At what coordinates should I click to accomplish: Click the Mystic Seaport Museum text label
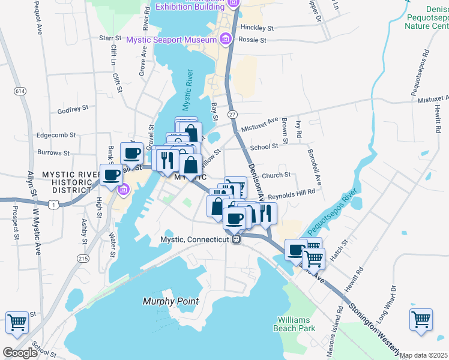coord(171,40)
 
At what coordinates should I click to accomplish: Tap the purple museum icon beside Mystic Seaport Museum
coord(225,40)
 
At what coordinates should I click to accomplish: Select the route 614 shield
coord(21,91)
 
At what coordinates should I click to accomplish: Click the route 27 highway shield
coord(232,114)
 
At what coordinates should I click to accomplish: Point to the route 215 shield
coord(83,257)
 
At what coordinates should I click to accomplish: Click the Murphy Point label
coord(170,301)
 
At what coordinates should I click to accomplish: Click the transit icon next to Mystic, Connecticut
coord(237,239)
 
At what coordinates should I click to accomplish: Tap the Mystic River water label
coord(188,91)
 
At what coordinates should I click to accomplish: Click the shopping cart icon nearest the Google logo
coord(17,322)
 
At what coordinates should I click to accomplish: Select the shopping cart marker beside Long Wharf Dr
coord(421,318)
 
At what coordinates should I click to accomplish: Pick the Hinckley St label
coord(256,28)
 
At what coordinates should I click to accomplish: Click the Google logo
coord(20,353)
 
